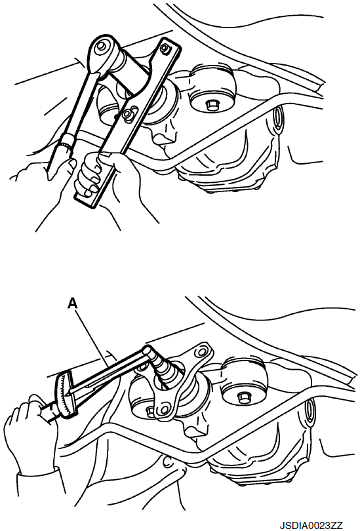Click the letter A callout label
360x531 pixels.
(x=72, y=304)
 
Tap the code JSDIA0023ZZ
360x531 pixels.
(x=311, y=525)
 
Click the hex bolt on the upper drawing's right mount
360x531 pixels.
(x=211, y=106)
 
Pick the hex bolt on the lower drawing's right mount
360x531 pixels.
(x=243, y=396)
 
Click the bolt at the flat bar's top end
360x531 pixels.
(x=165, y=47)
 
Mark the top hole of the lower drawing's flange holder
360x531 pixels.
(x=202, y=351)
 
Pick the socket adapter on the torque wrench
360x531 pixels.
(x=162, y=369)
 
